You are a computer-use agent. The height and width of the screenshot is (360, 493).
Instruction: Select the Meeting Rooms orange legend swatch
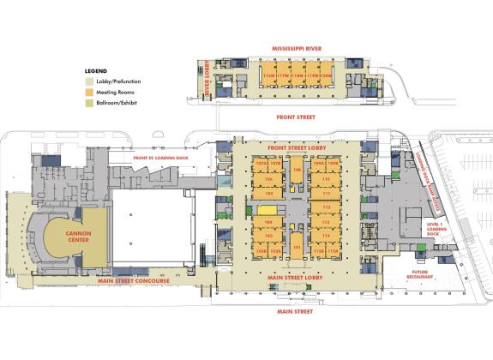pyautogui.click(x=88, y=92)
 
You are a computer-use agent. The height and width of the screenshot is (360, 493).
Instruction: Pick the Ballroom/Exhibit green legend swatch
pyautogui.click(x=88, y=102)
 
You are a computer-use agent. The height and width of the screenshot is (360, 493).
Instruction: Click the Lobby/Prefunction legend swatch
pyautogui.click(x=88, y=81)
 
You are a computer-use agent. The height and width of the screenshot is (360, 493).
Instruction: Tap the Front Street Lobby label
pyautogui.click(x=297, y=147)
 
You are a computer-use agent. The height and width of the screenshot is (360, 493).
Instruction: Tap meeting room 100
pyautogui.click(x=297, y=170)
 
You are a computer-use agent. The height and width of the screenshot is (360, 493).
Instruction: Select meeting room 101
pyautogui.click(x=297, y=249)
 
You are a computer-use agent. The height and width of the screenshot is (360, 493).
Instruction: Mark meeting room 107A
pyautogui.click(x=261, y=161)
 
